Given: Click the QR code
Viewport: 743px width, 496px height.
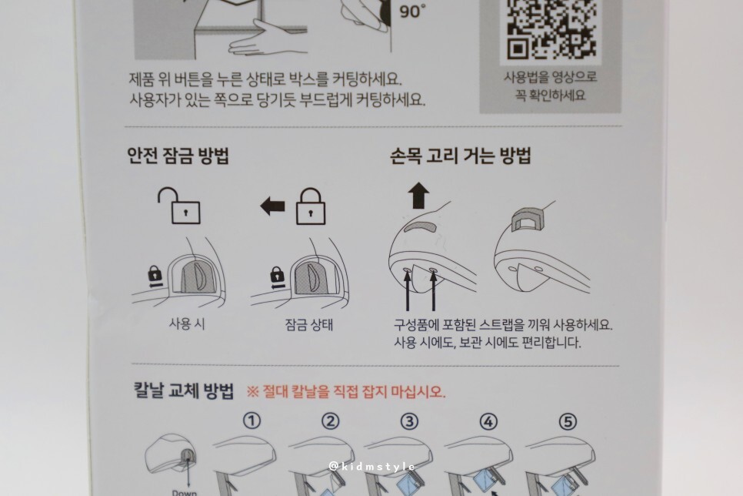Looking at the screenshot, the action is tap(551, 29).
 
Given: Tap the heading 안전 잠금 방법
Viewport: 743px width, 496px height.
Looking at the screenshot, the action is tap(178, 156).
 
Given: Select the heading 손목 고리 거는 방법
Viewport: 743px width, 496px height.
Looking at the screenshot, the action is tap(461, 156).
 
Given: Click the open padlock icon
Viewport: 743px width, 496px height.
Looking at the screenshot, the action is tap(178, 205).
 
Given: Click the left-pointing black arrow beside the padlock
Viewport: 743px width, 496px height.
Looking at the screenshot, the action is tap(272, 206).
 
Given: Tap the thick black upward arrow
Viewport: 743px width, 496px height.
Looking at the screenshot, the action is tap(418, 196).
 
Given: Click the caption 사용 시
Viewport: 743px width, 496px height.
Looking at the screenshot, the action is tap(187, 324).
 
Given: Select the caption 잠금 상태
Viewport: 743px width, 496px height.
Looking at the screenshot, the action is tap(309, 325).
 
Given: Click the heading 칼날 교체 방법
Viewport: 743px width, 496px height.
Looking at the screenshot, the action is tap(183, 391).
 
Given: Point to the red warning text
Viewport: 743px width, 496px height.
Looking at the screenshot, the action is tap(346, 392).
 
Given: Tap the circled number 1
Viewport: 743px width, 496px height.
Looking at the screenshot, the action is tap(252, 421).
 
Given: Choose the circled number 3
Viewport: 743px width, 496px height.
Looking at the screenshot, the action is tap(409, 421).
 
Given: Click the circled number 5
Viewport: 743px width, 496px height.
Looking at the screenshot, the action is tap(568, 421).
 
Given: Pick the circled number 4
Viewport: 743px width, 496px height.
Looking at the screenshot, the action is tap(488, 421).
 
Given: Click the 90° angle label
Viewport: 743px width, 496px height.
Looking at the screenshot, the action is tap(411, 11).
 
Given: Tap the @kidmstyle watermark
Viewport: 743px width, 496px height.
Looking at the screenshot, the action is tap(372, 467).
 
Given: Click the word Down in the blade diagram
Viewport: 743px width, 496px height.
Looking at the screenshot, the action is tap(185, 493).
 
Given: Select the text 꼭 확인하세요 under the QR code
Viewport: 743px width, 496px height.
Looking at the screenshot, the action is tap(551, 96).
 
